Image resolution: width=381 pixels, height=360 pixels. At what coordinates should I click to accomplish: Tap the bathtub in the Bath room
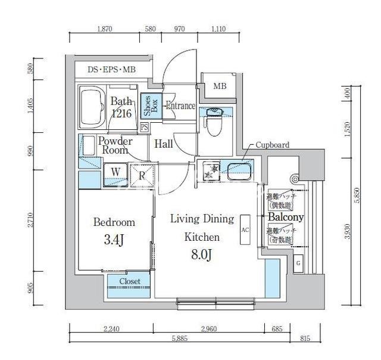coord(92,107)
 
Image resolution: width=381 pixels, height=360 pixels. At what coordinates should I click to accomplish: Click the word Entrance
coord(180,106)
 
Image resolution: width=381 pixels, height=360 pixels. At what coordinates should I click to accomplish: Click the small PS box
coord(144,127)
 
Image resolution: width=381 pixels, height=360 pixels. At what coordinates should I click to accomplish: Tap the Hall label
coord(164,144)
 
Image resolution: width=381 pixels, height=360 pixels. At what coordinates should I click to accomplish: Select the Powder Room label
coord(115,145)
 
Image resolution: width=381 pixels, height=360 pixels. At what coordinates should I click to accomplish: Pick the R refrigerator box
coord(142,175)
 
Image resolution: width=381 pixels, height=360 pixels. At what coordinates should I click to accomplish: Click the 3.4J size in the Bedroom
coord(114,240)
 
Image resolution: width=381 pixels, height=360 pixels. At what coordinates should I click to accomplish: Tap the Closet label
coord(129,281)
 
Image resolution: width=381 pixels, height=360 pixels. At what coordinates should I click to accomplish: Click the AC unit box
coord(245,229)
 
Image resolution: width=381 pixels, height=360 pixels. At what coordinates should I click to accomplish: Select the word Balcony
coord(286,217)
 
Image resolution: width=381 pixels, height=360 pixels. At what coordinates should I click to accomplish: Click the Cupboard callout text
coord(273,145)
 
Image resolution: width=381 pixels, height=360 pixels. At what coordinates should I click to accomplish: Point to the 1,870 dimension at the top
coord(104,29)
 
